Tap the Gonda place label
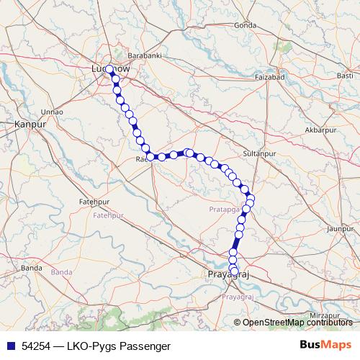tap(245, 25)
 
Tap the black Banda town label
tap(32, 267)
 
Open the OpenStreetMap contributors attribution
tap(297, 322)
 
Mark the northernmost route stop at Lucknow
tap(108, 70)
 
